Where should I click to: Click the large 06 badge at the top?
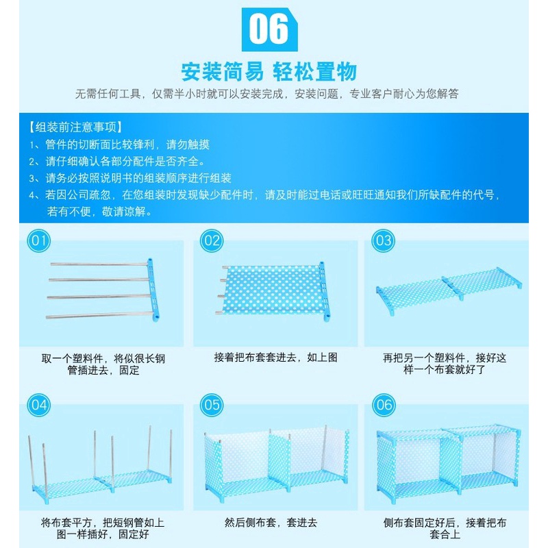point(269,29)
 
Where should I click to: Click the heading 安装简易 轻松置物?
point(269,72)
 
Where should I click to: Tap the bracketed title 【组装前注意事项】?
point(75,127)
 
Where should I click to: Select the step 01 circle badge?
point(39,241)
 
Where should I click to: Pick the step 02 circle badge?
point(212,241)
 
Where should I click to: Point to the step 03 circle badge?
point(384,241)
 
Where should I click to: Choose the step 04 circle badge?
point(39,405)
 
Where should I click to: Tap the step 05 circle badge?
point(212,405)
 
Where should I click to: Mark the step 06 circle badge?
point(384,405)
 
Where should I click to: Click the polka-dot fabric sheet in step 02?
point(272,290)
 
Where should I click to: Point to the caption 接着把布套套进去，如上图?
point(276,357)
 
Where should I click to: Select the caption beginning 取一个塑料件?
point(103,364)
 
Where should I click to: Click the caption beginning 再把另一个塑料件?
point(445,364)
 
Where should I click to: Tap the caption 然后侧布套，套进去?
point(271,523)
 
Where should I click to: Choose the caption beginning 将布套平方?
point(102,528)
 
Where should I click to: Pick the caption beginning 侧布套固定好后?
point(445,528)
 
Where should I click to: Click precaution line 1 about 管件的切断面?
point(119,145)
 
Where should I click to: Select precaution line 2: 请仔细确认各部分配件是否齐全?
point(116,162)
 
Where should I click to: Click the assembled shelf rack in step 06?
point(449,463)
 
